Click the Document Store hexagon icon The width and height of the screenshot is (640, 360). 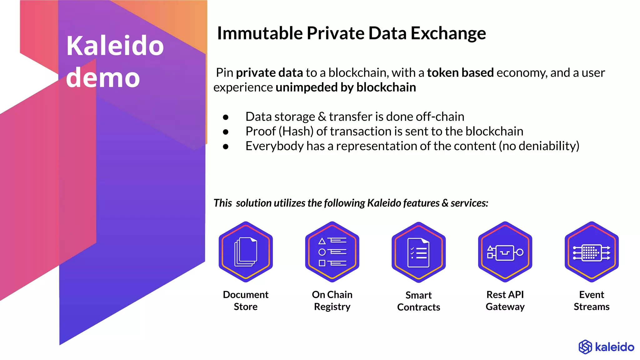246,252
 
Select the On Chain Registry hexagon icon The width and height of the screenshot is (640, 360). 332,252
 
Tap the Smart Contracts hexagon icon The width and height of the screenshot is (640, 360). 418,252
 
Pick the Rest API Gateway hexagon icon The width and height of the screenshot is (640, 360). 505,252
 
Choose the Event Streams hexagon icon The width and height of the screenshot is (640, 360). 592,252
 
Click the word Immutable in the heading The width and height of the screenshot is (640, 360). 260,33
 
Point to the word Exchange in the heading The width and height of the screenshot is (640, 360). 448,33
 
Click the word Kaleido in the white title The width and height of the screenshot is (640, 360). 115,46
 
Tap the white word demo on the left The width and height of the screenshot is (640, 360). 103,77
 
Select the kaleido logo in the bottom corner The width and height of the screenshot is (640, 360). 606,347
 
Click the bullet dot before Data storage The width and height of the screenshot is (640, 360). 226,117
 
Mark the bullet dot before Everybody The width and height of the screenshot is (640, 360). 226,147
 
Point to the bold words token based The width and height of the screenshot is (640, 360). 460,72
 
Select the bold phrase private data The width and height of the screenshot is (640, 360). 269,72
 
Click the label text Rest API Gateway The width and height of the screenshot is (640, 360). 505,300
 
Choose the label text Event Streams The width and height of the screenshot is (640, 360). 592,300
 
